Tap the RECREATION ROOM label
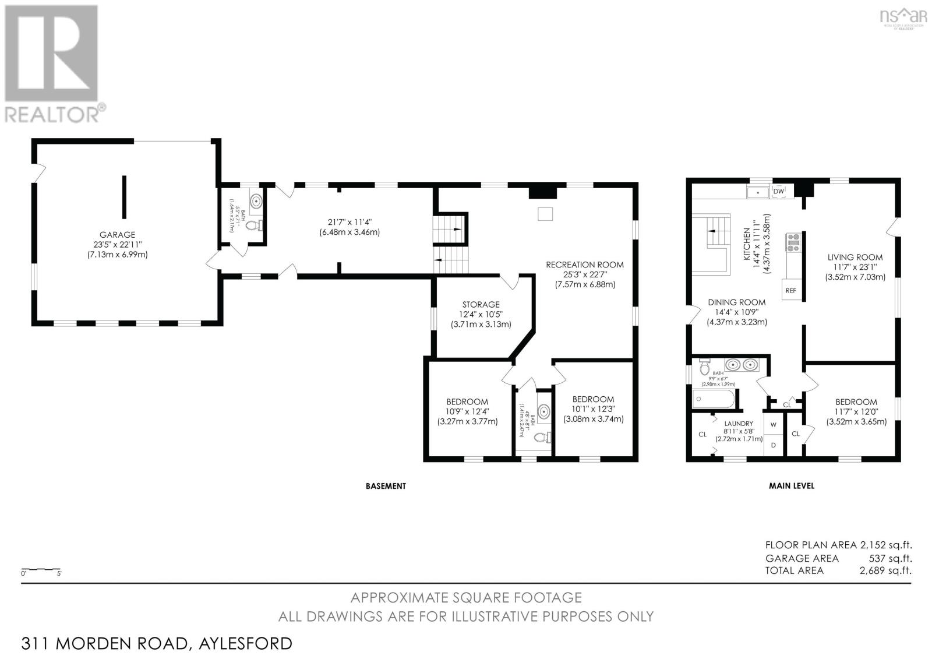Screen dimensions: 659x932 pos(584,265)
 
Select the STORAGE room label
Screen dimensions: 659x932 pos(481,304)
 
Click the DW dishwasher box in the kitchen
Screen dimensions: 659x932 pos(778,191)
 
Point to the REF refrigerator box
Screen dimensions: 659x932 pos(790,290)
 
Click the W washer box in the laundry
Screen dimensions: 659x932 pos(774,424)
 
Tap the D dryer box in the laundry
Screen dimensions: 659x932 pos(774,445)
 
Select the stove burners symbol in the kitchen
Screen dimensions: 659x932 pos(793,242)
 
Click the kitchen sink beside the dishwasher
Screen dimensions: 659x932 pos(757,192)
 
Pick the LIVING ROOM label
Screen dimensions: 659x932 pos(855,257)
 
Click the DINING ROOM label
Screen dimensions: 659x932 pos(736,302)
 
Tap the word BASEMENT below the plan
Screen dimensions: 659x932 pos(385,486)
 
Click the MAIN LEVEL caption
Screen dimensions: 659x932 pos(791,485)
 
